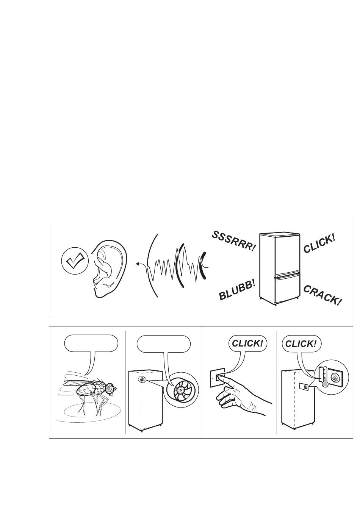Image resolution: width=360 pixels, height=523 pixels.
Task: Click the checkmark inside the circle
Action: click(75, 260)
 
